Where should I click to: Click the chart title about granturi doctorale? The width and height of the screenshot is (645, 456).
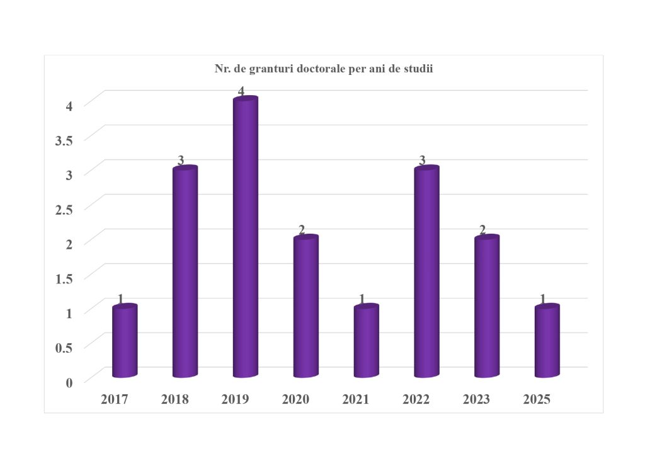pos(324,69)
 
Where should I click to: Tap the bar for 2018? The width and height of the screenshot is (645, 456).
pos(185,274)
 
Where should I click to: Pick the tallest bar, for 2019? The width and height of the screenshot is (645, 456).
pos(245,239)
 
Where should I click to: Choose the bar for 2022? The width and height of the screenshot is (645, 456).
pos(426,274)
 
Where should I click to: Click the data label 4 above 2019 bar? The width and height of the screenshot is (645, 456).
pos(241,92)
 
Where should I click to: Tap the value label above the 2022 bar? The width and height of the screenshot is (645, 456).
pos(422,161)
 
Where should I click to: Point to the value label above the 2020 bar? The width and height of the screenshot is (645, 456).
pos(302,230)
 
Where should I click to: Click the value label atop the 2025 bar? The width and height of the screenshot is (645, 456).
pos(543,299)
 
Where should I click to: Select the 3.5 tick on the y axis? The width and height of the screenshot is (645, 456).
pos(64,140)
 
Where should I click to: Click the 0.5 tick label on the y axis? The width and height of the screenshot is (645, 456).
pos(64,347)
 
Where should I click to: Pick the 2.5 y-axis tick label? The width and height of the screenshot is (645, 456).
pos(64,209)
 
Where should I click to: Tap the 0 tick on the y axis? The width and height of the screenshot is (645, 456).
pos(69,382)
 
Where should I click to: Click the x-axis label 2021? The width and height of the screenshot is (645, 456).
pos(357,399)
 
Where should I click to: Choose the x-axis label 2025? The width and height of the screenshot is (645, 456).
pos(537,399)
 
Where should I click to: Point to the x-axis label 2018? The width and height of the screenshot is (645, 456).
pos(175,399)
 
